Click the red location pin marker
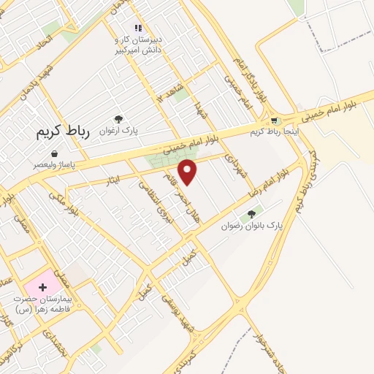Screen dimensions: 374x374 [188, 172]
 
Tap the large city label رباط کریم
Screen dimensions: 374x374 [63, 132]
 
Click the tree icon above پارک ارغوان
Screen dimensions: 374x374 [118, 119]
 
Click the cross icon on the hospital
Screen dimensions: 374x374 [42, 287]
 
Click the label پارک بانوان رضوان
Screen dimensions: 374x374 [252, 226]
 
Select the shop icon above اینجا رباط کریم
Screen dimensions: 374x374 [275, 121]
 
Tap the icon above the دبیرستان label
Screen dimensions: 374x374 [137, 28]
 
